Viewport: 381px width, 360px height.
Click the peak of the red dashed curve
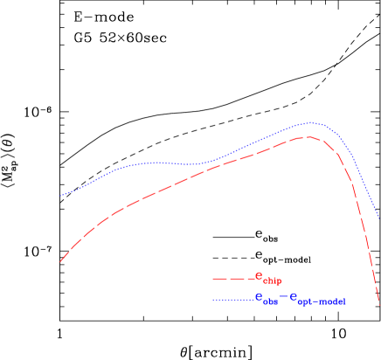[307, 137]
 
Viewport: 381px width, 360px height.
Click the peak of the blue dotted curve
[309, 123]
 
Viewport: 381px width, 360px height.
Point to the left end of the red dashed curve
[59, 261]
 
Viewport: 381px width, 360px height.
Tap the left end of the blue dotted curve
[59, 196]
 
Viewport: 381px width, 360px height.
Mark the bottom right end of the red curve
[379, 302]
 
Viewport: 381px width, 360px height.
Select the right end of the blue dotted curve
[378, 218]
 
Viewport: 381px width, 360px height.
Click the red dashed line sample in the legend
[232, 279]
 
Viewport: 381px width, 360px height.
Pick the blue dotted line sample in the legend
[232, 300]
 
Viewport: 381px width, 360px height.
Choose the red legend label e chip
[268, 278]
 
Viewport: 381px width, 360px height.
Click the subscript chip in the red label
[274, 281]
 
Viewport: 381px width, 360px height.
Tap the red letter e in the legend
[259, 276]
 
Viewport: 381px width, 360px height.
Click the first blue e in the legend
[259, 297]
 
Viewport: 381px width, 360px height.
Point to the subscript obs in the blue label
[272, 302]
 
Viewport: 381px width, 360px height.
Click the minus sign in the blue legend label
[284, 298]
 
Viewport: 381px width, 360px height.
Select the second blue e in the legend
[294, 297]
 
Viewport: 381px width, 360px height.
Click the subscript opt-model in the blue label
[322, 302]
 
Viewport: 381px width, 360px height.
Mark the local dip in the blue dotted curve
[197, 164]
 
